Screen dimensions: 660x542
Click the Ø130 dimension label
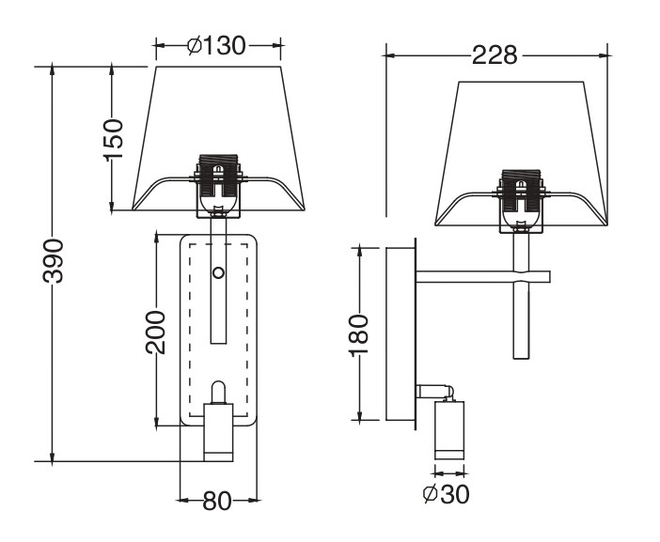pyautogui.click(x=216, y=45)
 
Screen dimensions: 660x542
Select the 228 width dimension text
pyautogui.click(x=495, y=55)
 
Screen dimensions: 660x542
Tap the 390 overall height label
pyautogui.click(x=53, y=261)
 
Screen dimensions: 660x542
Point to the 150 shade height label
pyautogui.click(x=113, y=140)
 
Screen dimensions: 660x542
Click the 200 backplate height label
pyautogui.click(x=155, y=333)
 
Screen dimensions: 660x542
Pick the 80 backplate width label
pyautogui.click(x=217, y=501)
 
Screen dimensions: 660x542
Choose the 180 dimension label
pyautogui.click(x=359, y=335)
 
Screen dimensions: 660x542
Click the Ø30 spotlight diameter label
pyautogui.click(x=446, y=494)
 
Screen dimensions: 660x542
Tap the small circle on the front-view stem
pyautogui.click(x=218, y=273)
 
